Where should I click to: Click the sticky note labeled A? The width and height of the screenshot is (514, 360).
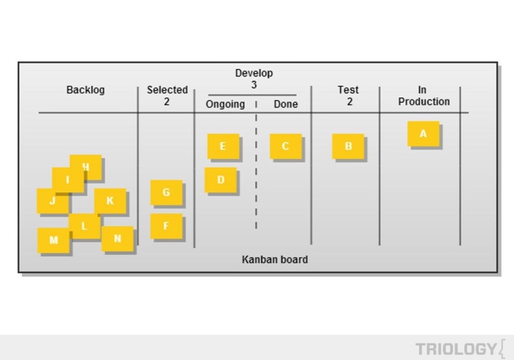click(423, 133)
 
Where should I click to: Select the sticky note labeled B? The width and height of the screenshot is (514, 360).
click(348, 146)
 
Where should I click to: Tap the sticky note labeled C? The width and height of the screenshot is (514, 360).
click(285, 146)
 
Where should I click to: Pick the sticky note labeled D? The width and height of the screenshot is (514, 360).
click(221, 180)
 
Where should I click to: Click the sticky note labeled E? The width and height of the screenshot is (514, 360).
click(223, 146)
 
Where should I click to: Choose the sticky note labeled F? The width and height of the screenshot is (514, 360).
click(167, 226)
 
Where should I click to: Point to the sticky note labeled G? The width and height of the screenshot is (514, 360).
click(167, 192)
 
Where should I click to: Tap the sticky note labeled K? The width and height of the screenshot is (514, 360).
click(110, 201)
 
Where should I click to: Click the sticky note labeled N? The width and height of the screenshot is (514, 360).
click(118, 239)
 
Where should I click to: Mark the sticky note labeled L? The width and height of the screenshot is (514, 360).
click(85, 226)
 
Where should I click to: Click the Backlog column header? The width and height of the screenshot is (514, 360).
click(85, 90)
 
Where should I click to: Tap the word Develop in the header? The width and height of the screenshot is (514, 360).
click(254, 73)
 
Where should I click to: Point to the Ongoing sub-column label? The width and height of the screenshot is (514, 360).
click(225, 104)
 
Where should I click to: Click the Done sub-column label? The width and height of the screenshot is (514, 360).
click(285, 104)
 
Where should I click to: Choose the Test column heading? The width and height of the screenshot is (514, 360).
click(348, 90)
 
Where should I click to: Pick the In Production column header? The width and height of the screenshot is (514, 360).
click(423, 96)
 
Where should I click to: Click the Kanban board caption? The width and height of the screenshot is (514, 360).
click(274, 260)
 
